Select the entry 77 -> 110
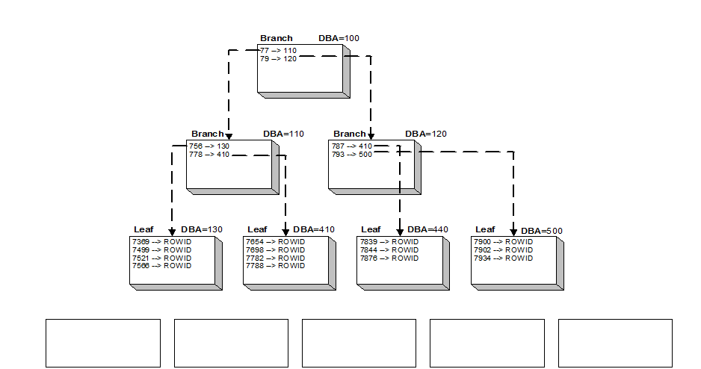(x=278, y=50)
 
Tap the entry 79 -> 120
(x=278, y=58)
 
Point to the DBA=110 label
(x=283, y=134)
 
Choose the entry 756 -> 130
(x=209, y=146)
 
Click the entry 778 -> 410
(x=209, y=155)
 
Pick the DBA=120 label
(x=426, y=134)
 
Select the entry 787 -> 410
(x=352, y=146)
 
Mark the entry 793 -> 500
(x=352, y=155)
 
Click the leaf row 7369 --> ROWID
(x=161, y=242)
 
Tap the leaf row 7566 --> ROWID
(x=161, y=266)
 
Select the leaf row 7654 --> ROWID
(x=276, y=242)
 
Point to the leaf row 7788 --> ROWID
(x=276, y=266)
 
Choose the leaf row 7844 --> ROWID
(x=389, y=250)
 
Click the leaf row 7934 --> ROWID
(x=503, y=258)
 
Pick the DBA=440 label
(x=428, y=229)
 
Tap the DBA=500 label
(x=542, y=231)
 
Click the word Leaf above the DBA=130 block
(x=143, y=229)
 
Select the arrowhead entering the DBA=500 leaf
(x=513, y=233)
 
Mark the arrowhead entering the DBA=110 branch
(x=229, y=136)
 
